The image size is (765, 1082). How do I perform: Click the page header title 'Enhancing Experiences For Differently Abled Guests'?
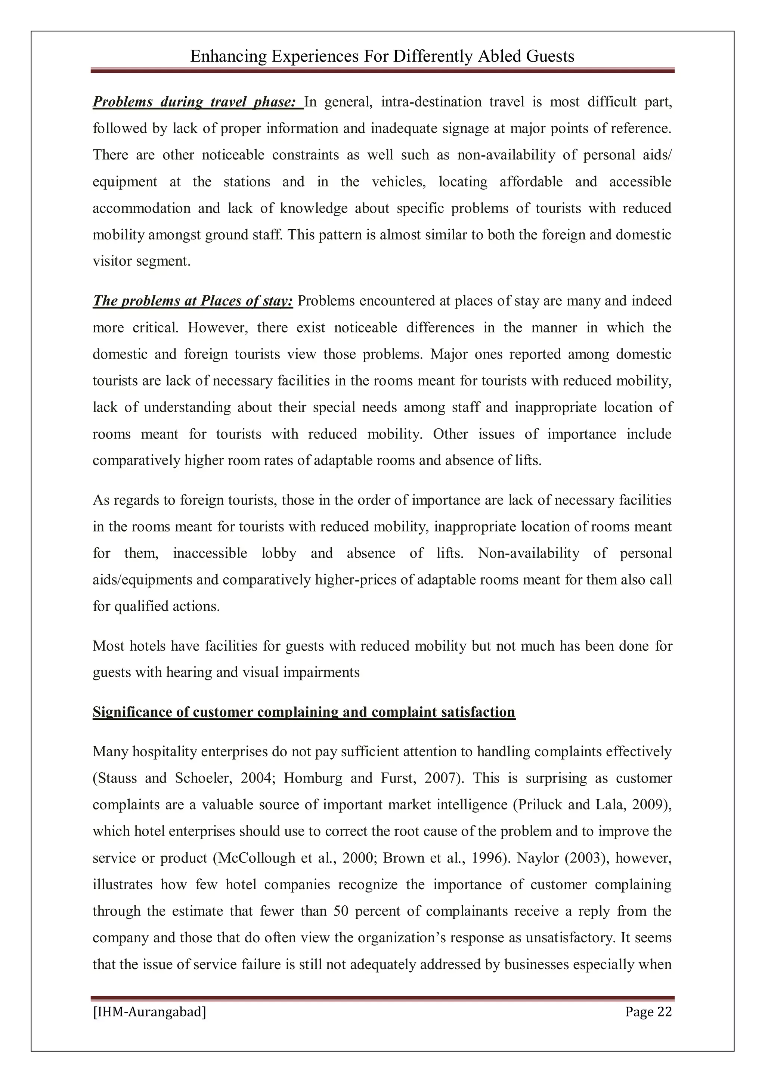(x=382, y=56)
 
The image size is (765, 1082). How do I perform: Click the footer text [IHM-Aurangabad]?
(x=149, y=1012)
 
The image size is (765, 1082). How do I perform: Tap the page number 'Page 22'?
(x=648, y=1012)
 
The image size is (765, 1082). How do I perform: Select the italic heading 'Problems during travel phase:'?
(x=194, y=102)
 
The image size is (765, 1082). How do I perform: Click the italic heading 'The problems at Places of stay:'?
(x=193, y=301)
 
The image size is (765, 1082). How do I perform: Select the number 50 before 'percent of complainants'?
(x=340, y=911)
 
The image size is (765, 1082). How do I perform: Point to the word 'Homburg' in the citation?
(x=313, y=778)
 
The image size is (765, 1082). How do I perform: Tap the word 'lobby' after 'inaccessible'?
(x=279, y=553)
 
